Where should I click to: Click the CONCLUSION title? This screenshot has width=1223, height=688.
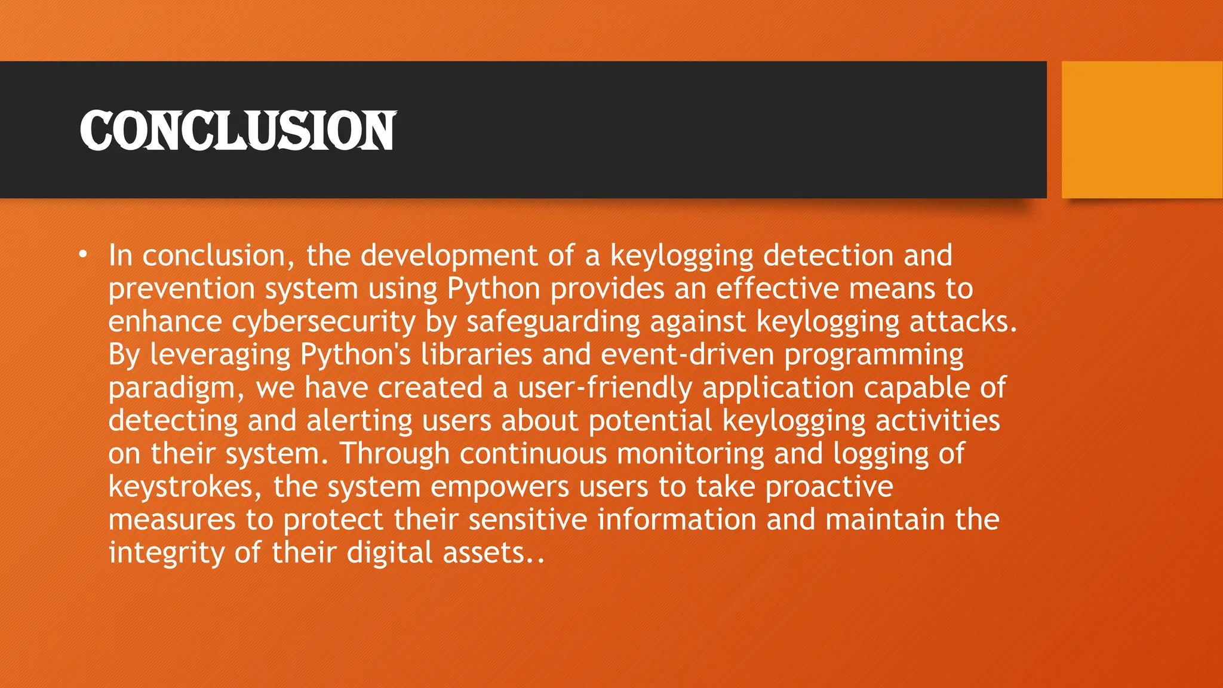(x=238, y=130)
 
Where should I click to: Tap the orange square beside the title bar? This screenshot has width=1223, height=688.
(x=1142, y=130)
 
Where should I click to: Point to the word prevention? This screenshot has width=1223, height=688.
(x=182, y=289)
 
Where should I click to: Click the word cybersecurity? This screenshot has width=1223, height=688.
(x=323, y=322)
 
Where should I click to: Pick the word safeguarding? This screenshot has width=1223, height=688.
(x=553, y=322)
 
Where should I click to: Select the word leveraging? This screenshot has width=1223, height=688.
(x=220, y=355)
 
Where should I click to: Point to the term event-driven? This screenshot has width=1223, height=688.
(x=687, y=355)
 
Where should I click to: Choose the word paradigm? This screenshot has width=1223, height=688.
(x=177, y=389)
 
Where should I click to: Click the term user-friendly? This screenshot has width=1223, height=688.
(x=605, y=388)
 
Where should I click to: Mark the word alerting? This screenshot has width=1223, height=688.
(x=359, y=420)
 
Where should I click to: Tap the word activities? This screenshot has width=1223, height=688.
(x=938, y=420)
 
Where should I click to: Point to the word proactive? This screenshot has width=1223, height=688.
(x=829, y=487)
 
